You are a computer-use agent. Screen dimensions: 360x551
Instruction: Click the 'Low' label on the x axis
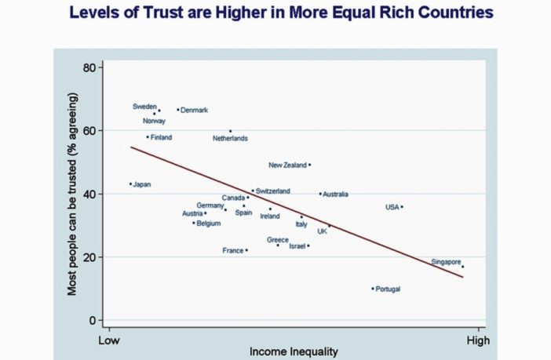[108, 341]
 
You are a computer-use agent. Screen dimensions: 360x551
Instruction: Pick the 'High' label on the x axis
[478, 341]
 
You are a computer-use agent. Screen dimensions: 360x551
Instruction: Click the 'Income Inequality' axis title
[294, 352]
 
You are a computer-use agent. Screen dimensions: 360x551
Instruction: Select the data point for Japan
[130, 184]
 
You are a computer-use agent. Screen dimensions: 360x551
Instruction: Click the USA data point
[402, 207]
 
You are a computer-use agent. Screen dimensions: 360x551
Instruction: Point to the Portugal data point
[373, 289]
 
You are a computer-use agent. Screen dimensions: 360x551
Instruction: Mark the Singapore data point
[462, 267]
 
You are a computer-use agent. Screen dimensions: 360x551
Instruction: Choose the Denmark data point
[178, 110]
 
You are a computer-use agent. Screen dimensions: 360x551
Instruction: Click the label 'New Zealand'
[287, 165]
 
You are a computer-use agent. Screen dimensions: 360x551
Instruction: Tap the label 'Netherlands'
[230, 139]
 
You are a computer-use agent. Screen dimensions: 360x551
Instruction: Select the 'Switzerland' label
[273, 191]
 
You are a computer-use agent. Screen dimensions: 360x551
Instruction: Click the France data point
[246, 251]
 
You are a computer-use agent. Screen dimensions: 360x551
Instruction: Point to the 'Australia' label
[336, 195]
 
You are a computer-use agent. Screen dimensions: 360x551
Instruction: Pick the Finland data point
[147, 137]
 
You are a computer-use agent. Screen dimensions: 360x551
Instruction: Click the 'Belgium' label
[209, 224]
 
